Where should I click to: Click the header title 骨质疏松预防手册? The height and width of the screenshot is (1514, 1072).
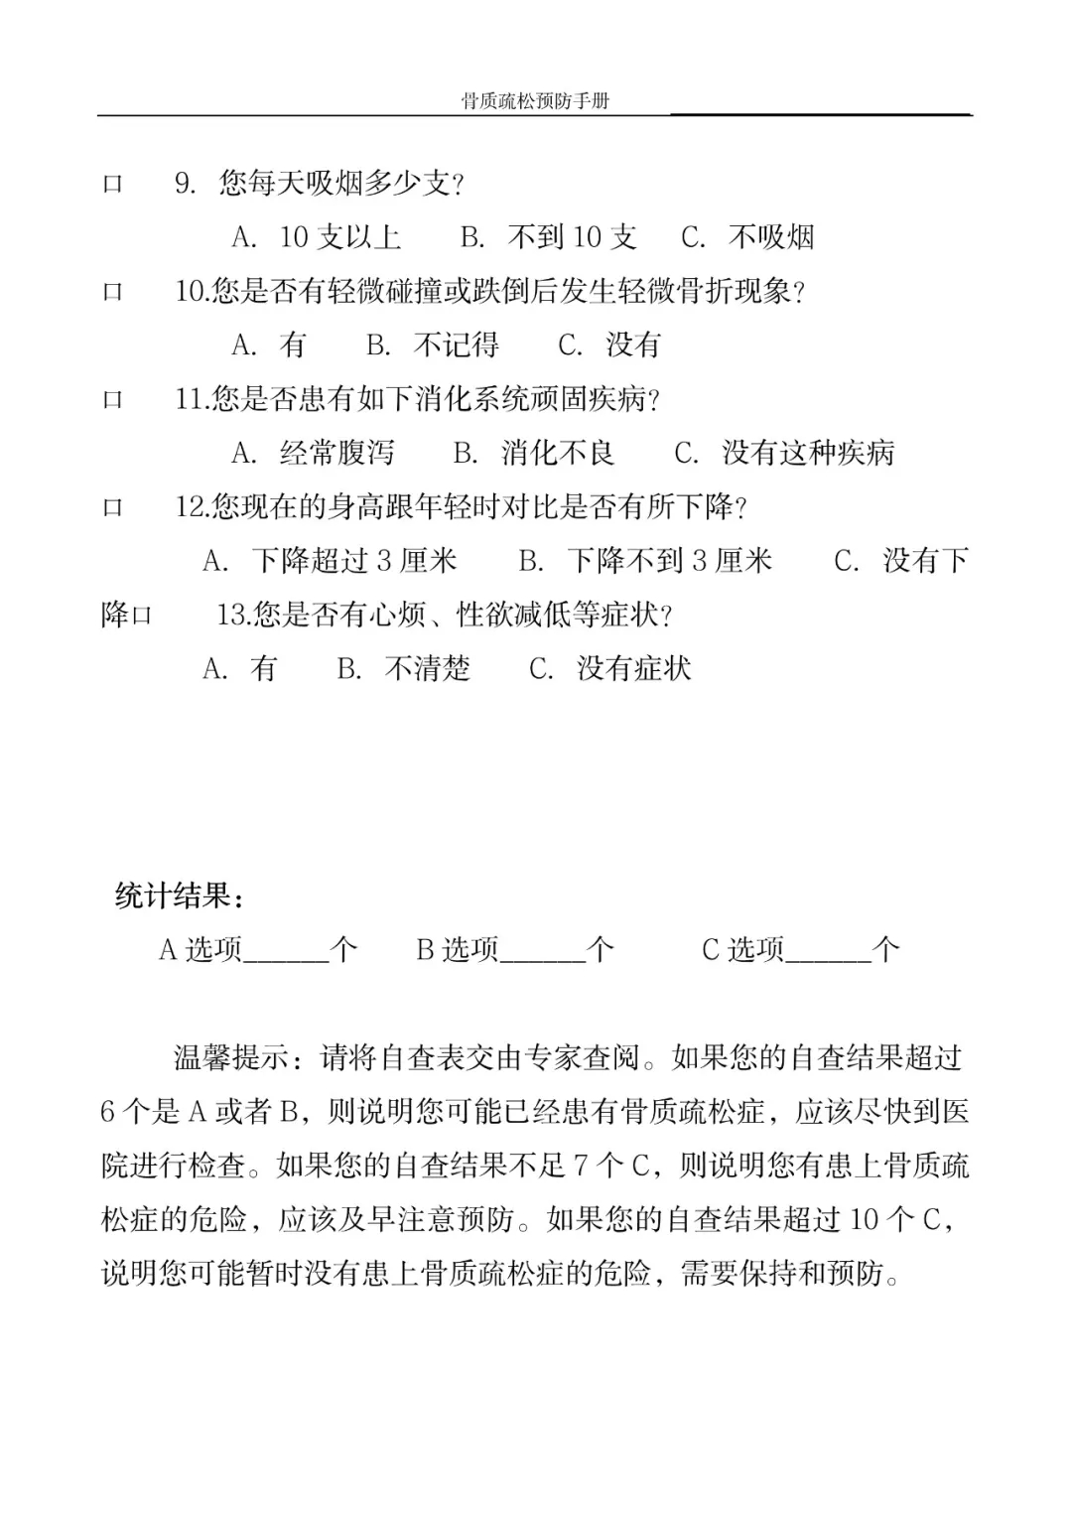[535, 101]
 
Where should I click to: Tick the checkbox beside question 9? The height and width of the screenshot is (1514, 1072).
[113, 185]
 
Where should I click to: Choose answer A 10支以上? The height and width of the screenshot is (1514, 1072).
[317, 237]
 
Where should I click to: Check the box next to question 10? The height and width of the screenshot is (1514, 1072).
[113, 293]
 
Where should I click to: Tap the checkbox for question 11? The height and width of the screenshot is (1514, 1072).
[113, 400]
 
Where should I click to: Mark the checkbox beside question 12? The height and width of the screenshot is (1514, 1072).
[113, 508]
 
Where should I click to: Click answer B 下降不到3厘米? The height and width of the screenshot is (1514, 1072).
[645, 561]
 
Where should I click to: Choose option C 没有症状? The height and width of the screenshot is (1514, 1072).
[610, 669]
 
